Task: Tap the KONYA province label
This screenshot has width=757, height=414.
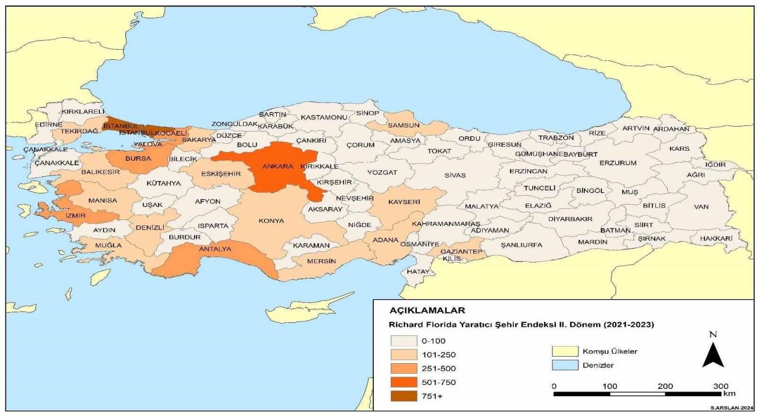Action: point(271,221)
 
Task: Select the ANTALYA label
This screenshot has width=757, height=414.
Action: point(215,249)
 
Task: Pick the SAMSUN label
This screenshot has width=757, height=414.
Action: point(404,125)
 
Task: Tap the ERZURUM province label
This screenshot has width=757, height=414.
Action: point(617,163)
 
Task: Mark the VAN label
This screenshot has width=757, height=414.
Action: point(701,206)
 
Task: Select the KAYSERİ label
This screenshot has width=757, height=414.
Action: point(404,202)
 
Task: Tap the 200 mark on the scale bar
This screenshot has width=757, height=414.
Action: point(665,386)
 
